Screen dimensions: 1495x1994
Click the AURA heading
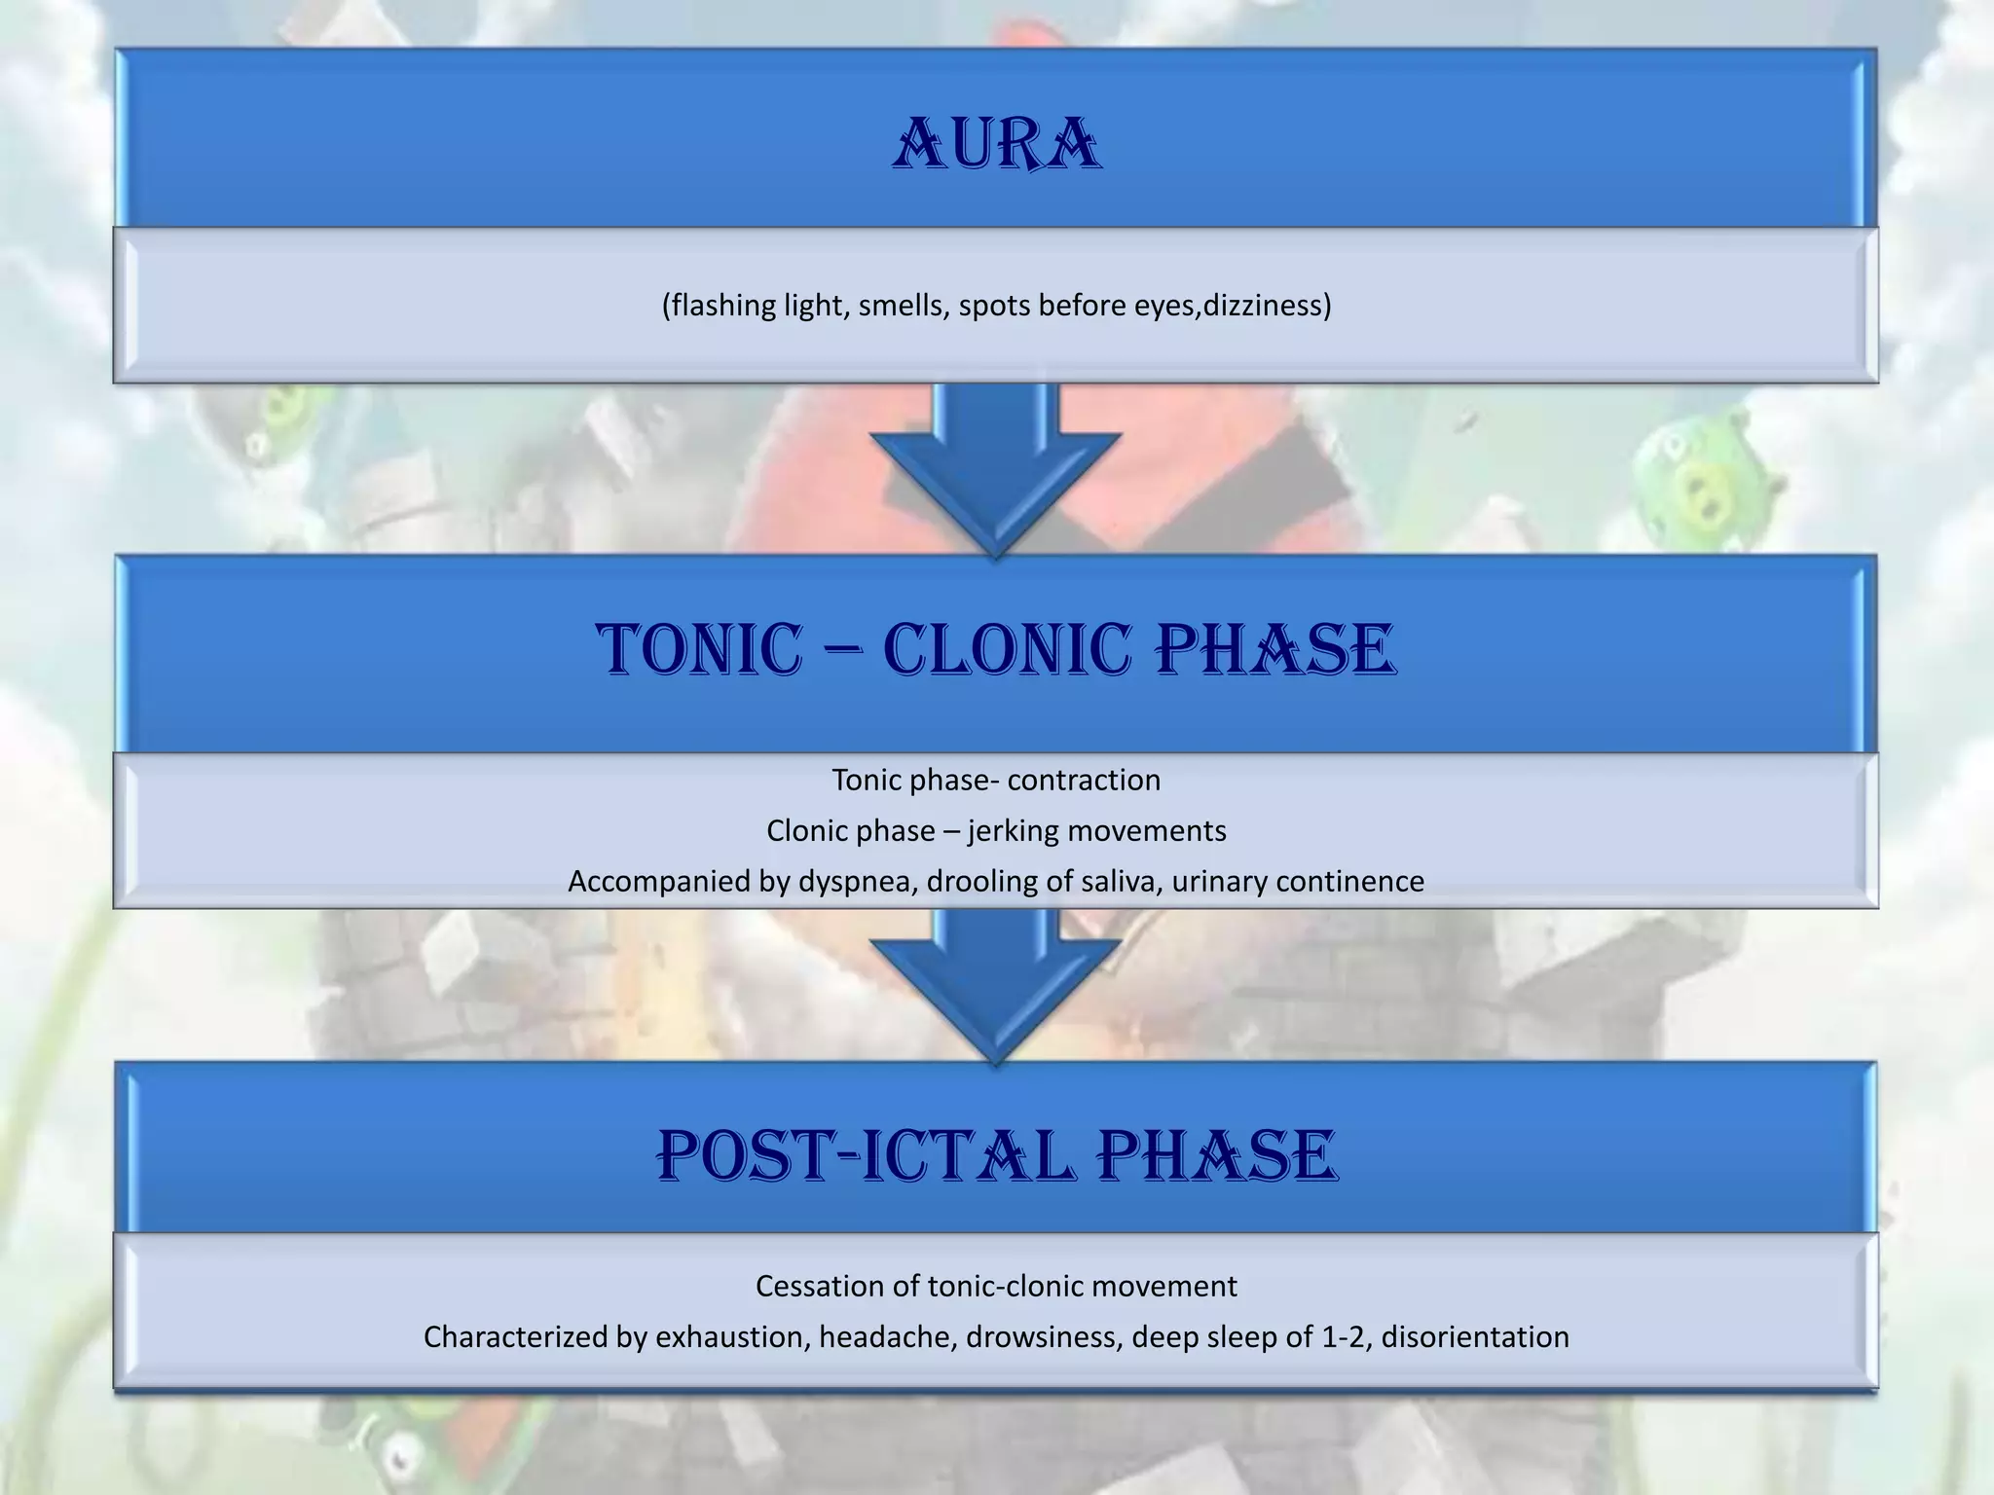pyautogui.click(x=997, y=146)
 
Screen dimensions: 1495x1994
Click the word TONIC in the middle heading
pyautogui.click(x=700, y=650)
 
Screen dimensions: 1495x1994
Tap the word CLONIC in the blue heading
pyautogui.click(x=1008, y=650)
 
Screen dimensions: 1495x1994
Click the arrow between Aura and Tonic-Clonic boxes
pyautogui.click(x=996, y=467)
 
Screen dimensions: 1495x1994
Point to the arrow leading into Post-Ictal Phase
pyautogui.click(x=996, y=983)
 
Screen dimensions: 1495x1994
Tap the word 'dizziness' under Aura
pyautogui.click(x=1267, y=306)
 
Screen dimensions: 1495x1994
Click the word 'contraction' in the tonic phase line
pyautogui.click(x=1084, y=781)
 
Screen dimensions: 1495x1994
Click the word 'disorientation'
pyautogui.click(x=1475, y=1337)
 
